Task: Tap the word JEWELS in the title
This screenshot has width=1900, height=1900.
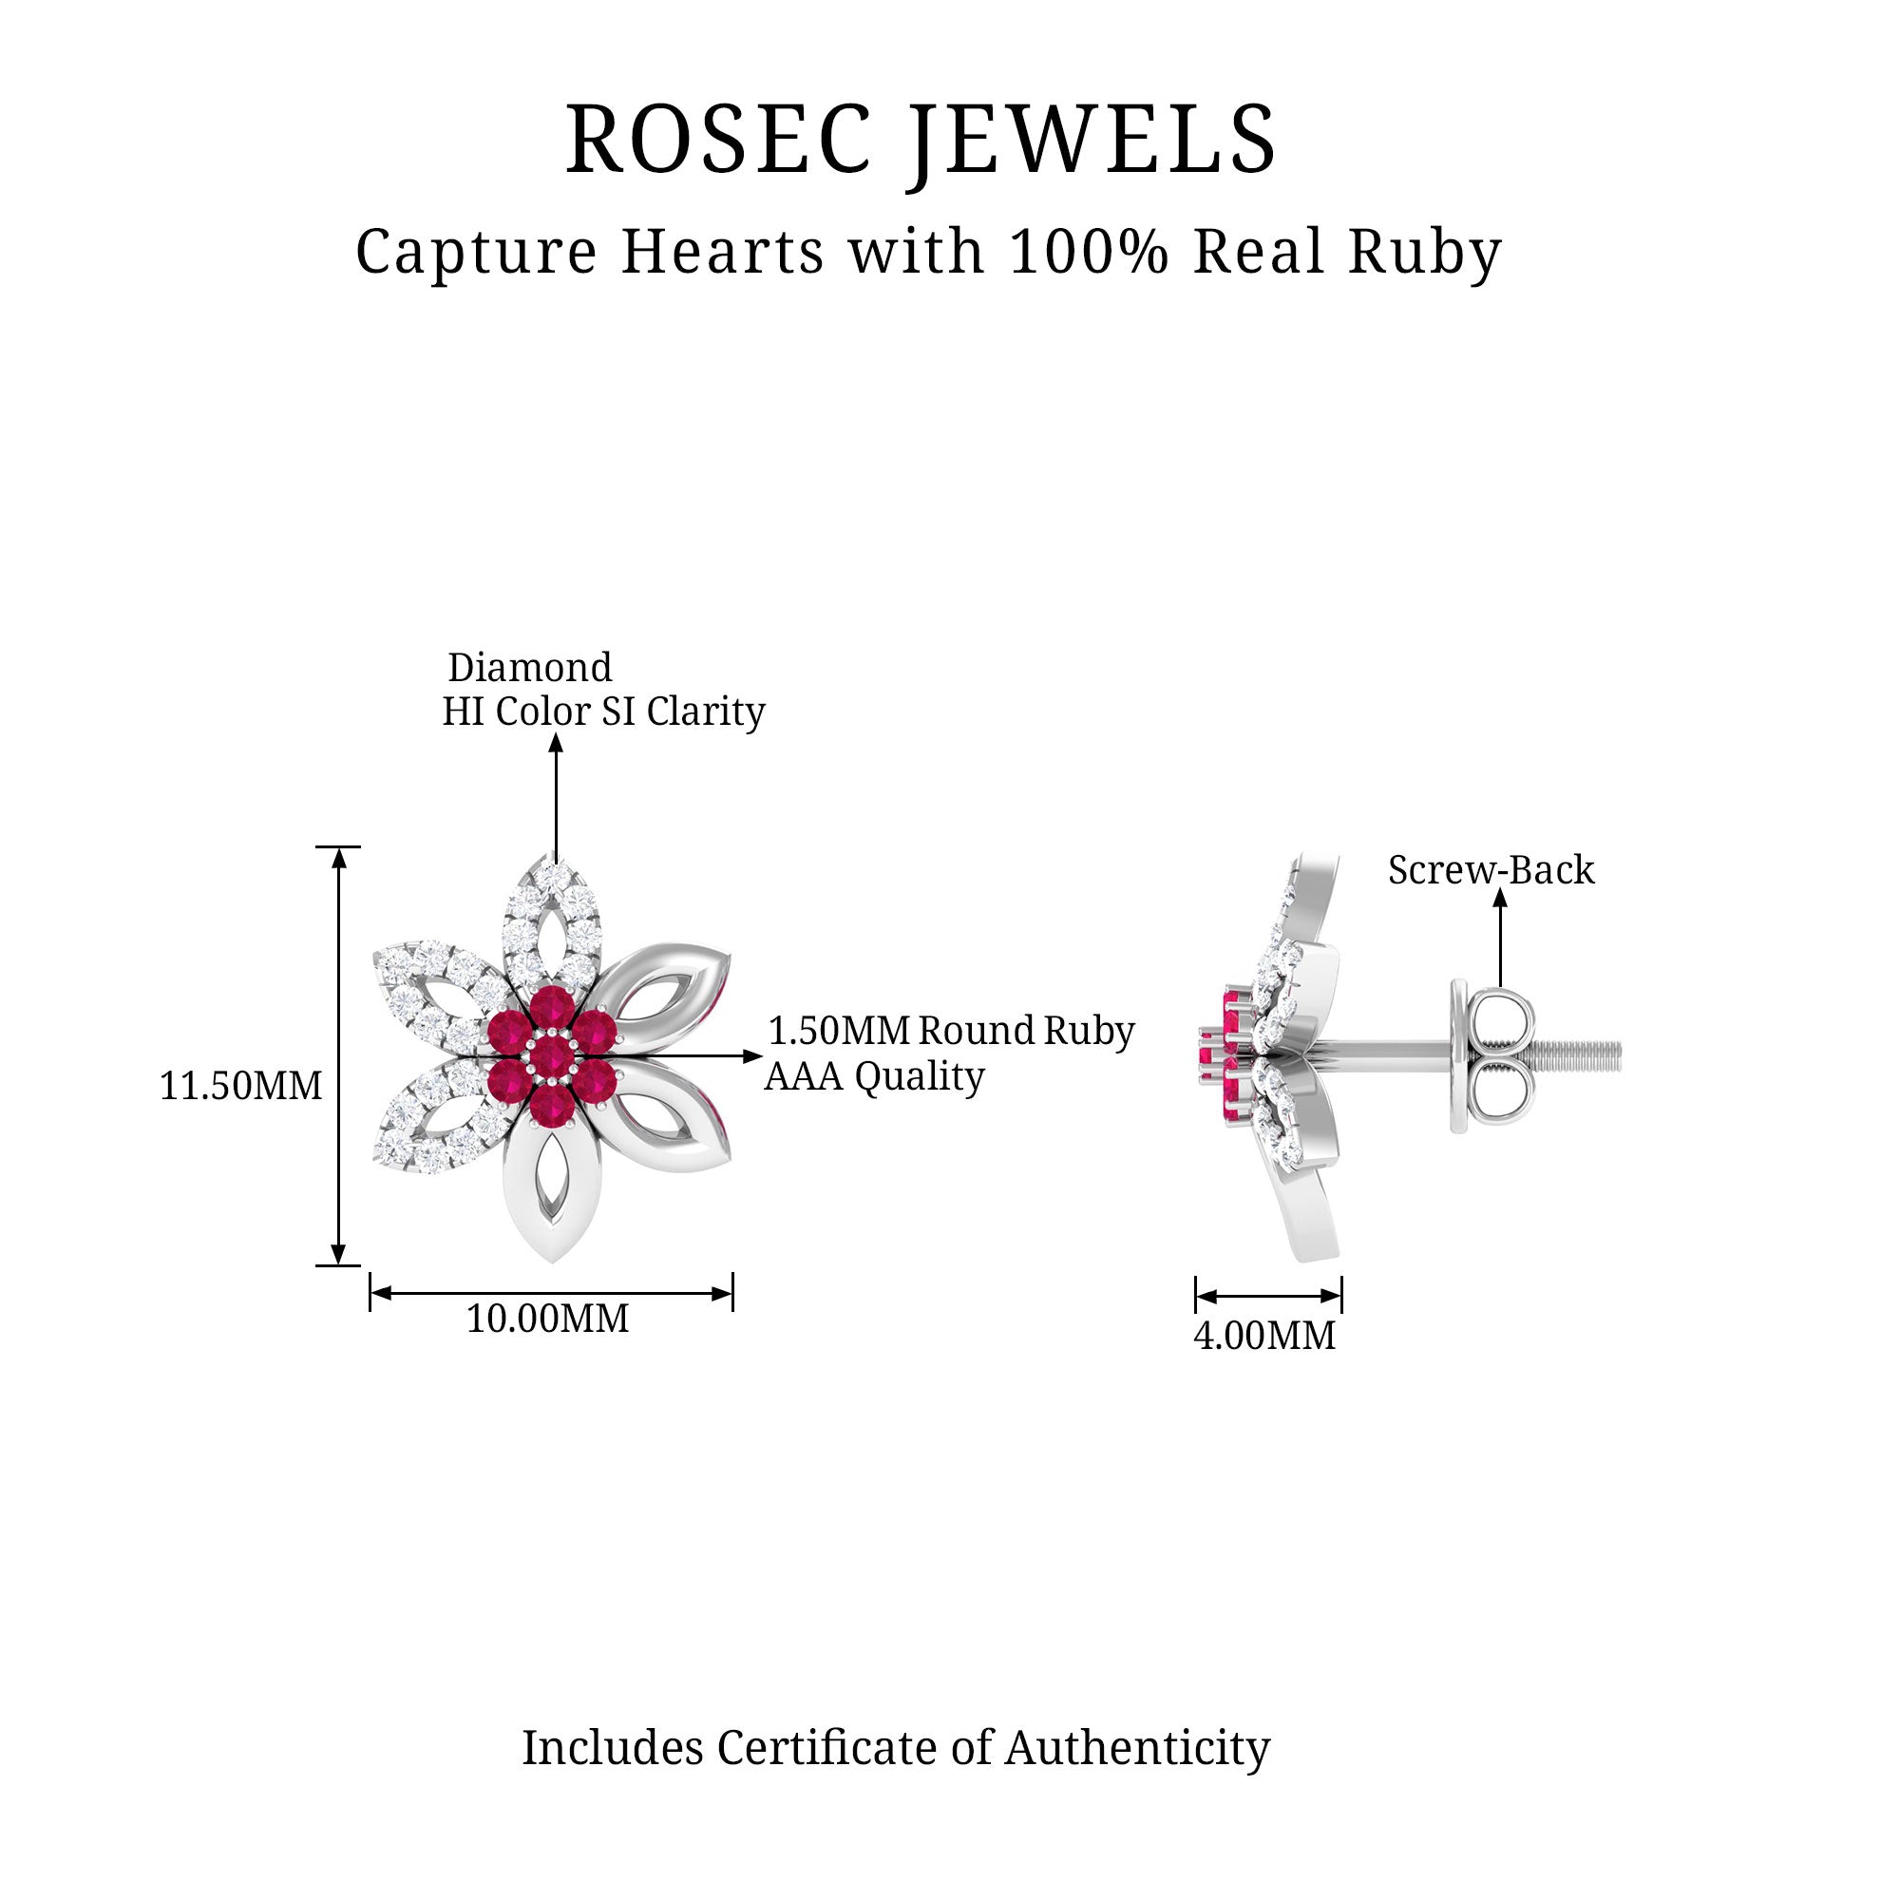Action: [1092, 140]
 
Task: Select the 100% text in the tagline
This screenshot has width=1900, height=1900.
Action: [1089, 252]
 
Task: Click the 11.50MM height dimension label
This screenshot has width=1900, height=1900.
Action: [241, 1086]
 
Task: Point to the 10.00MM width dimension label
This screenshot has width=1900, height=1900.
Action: [547, 1319]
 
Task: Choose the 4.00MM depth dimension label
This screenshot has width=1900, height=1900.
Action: [1264, 1336]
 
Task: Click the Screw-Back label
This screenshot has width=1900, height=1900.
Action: [1491, 870]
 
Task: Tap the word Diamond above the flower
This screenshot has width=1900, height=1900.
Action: [530, 668]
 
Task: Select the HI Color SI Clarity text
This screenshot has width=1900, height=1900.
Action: [603, 711]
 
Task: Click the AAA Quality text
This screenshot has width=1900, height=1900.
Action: [874, 1077]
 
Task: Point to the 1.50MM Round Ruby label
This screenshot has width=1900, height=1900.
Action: [951, 1031]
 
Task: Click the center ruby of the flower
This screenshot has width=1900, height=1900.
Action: [553, 1057]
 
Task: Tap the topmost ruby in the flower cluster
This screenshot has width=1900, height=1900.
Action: [553, 1009]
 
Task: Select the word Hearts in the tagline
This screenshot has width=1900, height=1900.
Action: [723, 252]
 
